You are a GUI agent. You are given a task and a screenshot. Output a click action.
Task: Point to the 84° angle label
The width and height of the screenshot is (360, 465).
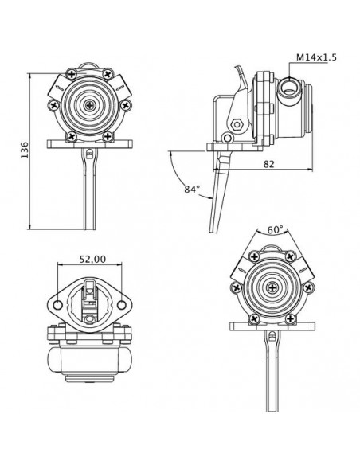click(192, 190)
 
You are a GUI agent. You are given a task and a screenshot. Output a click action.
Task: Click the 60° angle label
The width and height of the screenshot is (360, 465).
click(276, 229)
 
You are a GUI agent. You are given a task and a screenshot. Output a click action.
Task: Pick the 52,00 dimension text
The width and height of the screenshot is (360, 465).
click(93, 260)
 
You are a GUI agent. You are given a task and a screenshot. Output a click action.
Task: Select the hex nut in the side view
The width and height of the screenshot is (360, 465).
click(237, 124)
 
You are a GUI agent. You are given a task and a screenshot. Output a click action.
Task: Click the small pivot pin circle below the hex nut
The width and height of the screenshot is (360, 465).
click(231, 139)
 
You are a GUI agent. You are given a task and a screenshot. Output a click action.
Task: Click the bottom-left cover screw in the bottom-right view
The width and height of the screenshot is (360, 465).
click(255, 317)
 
